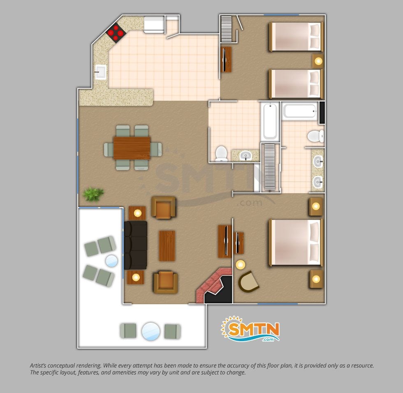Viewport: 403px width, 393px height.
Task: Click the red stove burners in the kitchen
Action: tap(116, 33)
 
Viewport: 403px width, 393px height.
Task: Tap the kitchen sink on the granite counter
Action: tap(100, 72)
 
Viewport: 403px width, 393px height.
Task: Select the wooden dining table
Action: tap(132, 148)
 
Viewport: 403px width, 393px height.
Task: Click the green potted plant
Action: tap(93, 194)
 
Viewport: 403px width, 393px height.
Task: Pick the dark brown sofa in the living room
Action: tap(135, 245)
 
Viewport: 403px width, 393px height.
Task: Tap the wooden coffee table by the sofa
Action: tap(167, 246)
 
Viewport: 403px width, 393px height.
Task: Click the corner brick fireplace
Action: tap(214, 286)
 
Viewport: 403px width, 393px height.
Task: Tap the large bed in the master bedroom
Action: tap(296, 242)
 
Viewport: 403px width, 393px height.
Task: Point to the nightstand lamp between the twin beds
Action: tap(318, 61)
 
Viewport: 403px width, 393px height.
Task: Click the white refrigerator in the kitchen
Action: tap(154, 24)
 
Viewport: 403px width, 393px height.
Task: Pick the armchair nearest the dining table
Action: tap(164, 208)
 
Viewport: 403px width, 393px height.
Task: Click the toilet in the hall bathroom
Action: tap(221, 154)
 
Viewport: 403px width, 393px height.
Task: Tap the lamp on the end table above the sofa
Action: tap(137, 213)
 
